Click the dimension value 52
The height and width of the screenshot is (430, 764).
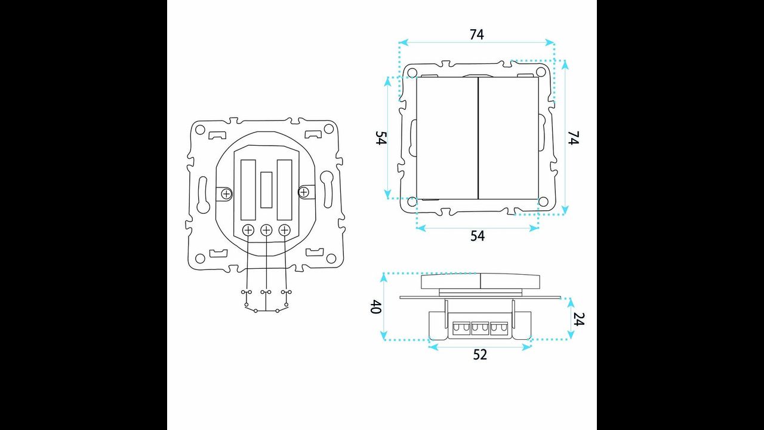(x=480, y=355)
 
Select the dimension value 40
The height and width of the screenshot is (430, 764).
(x=375, y=306)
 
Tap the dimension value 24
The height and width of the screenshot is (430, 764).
(x=578, y=319)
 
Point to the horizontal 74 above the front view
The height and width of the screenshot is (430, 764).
(x=476, y=35)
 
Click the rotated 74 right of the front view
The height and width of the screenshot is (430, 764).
(x=573, y=137)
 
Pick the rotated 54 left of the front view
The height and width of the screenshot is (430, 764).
(x=381, y=138)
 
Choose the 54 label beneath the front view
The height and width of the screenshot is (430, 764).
(x=478, y=236)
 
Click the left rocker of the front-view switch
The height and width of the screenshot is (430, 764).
(x=447, y=138)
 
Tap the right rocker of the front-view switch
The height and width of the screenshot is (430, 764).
(x=509, y=138)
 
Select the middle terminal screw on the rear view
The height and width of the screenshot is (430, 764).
(x=266, y=231)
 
